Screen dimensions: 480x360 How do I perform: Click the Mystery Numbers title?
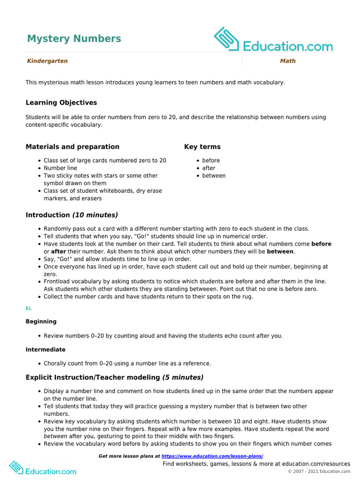click(x=74, y=38)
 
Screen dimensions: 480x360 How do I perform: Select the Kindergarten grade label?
click(x=47, y=61)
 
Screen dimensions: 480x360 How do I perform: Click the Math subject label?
click(x=288, y=61)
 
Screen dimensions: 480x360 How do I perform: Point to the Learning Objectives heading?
click(x=61, y=103)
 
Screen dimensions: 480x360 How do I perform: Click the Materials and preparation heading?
click(x=72, y=147)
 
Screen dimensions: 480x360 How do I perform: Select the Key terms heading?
click(x=202, y=147)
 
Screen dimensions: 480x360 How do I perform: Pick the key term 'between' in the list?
click(x=214, y=176)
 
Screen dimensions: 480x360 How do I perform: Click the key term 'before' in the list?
click(x=211, y=160)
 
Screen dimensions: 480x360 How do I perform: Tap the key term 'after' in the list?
click(x=209, y=168)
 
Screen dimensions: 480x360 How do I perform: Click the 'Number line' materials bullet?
click(x=60, y=168)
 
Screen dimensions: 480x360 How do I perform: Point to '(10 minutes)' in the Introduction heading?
click(x=95, y=215)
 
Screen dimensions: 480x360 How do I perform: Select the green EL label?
click(x=28, y=309)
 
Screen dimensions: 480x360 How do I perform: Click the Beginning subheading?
click(x=41, y=322)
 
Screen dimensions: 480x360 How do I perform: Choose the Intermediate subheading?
click(x=45, y=350)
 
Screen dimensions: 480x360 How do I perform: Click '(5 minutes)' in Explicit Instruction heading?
click(x=183, y=377)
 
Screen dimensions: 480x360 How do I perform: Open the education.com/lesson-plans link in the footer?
click(x=212, y=456)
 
